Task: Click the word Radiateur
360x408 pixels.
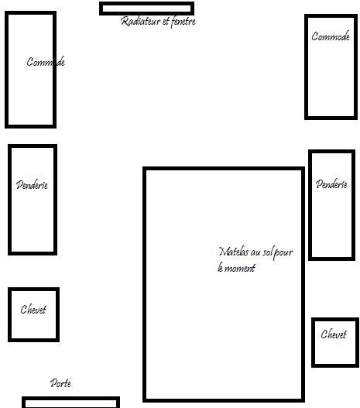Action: [140, 22]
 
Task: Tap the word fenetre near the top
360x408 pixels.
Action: [183, 22]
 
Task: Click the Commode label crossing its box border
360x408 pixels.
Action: [46, 62]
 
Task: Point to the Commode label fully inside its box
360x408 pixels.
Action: [331, 36]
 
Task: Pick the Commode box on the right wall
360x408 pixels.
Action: [307, 67]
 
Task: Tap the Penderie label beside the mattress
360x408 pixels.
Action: [331, 184]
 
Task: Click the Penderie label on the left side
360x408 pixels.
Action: [32, 185]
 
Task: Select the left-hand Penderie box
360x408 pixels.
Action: [10, 200]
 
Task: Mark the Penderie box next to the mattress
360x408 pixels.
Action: [310, 205]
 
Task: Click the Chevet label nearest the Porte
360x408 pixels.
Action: [33, 310]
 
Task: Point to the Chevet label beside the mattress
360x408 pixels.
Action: [334, 334]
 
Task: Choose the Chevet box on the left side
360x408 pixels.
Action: [9, 314]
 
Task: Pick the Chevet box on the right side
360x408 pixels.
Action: [314, 342]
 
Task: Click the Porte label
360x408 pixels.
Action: [60, 383]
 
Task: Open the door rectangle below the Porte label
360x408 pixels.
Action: [70, 399]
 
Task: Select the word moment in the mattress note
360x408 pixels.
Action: [239, 268]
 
